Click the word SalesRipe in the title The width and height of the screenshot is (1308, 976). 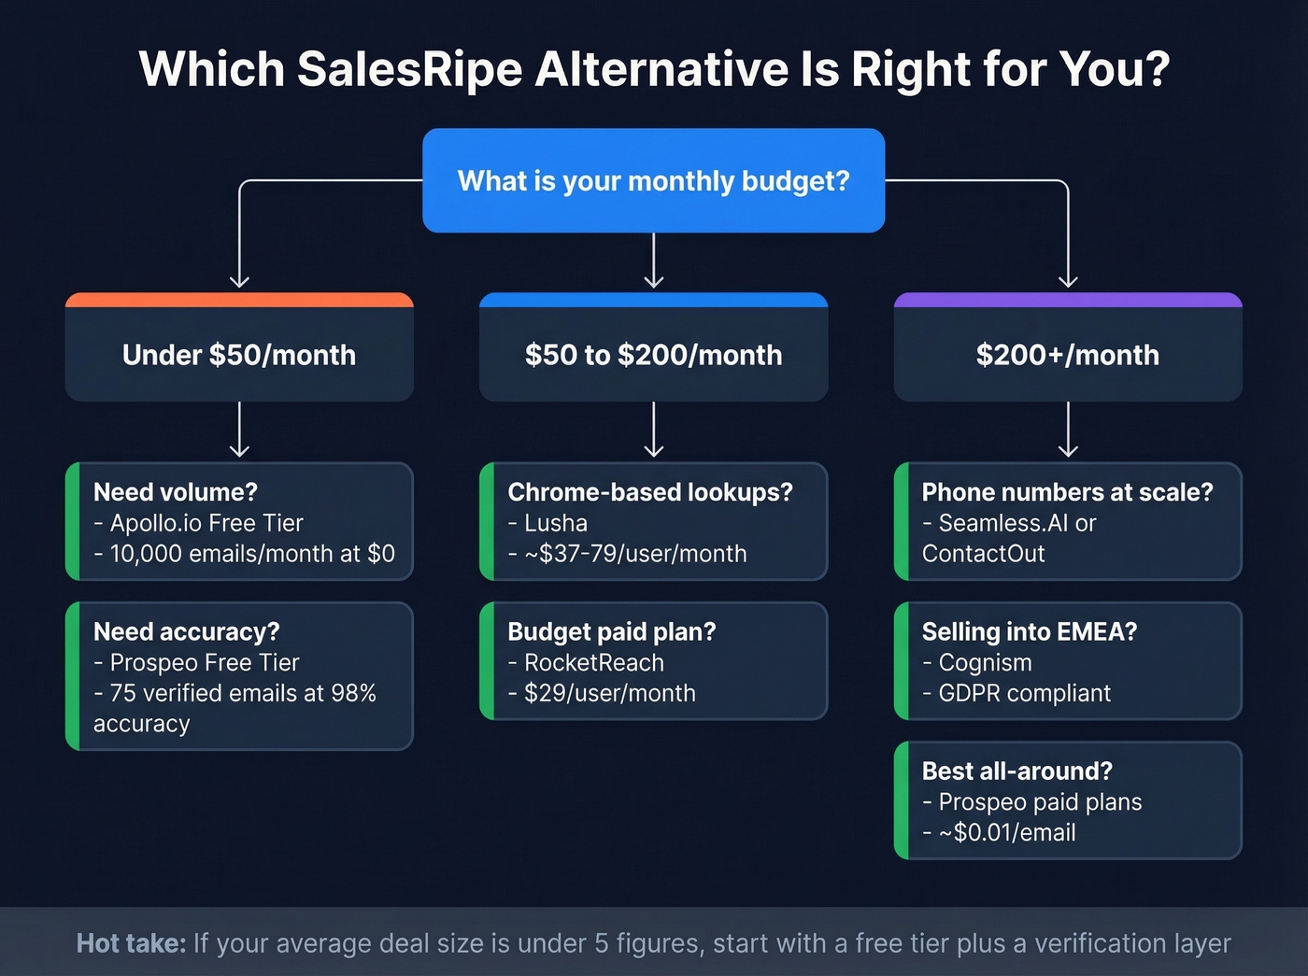pos(409,69)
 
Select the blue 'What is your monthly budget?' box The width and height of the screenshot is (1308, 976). pos(653,180)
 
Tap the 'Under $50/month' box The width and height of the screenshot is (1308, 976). pos(239,355)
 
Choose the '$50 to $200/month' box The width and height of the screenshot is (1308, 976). pos(653,355)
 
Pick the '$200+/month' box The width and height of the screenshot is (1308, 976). pos(1068,355)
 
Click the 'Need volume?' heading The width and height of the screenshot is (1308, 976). pos(176,492)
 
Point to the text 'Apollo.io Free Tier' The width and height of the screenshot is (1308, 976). pos(206,523)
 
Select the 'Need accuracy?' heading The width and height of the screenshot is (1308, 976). pos(187,632)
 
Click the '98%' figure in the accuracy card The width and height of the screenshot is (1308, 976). pos(353,693)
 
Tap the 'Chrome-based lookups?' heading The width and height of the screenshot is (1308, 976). pos(650,492)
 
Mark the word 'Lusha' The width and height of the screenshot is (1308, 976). pos(556,523)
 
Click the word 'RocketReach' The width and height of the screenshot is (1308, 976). pos(594,663)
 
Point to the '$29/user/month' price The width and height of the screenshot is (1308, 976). pos(610,693)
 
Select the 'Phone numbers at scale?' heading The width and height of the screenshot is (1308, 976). pos(1067,492)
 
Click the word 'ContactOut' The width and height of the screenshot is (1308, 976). pos(983,554)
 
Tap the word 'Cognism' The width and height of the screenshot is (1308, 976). pos(985,663)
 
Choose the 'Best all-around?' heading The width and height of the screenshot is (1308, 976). pos(1017,771)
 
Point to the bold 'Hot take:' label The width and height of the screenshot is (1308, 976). pos(131,943)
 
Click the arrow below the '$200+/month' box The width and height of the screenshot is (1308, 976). pos(1068,431)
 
